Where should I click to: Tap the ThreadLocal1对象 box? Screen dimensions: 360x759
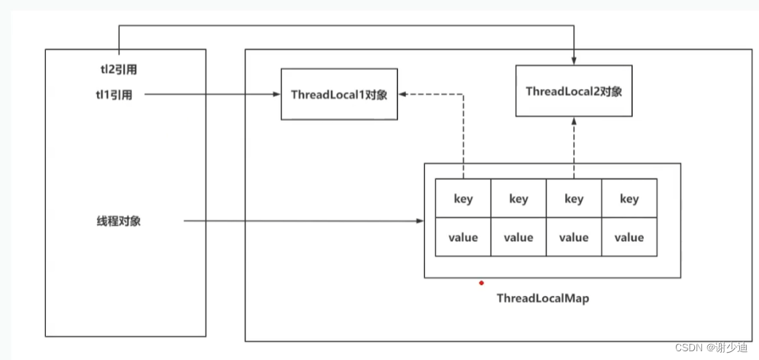coord(339,95)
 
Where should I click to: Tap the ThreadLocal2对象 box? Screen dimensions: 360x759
coord(574,91)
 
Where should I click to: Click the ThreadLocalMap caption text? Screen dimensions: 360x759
coord(542,298)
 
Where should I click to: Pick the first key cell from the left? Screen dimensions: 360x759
coord(463,198)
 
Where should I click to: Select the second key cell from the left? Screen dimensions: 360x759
coord(518,198)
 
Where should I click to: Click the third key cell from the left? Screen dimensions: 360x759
coord(574,198)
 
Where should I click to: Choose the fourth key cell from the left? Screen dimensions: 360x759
coord(629,198)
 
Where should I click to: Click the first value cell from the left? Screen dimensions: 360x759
coord(463,238)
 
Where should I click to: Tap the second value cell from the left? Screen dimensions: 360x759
coord(518,238)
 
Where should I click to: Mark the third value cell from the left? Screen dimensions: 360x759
coord(574,238)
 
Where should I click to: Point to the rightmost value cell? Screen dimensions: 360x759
coord(629,238)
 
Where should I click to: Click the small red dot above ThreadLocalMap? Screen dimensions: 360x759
coord(481,282)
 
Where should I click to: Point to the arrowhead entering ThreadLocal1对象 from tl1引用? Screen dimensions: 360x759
coord(277,94)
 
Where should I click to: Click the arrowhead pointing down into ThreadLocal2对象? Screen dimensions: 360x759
coord(575,60)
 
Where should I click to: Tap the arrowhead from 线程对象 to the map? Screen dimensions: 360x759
coord(420,221)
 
